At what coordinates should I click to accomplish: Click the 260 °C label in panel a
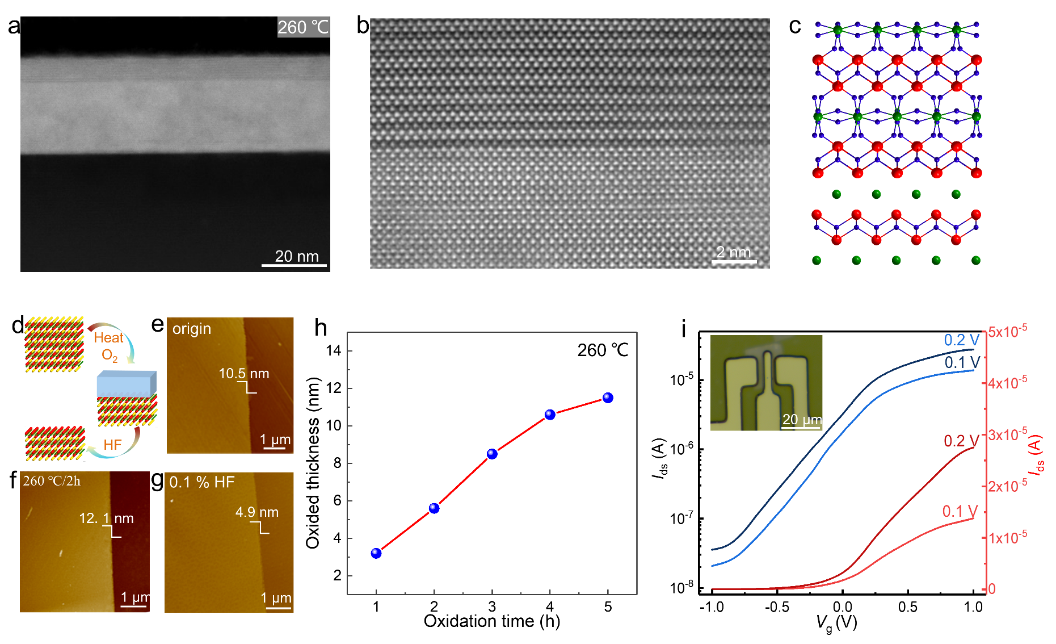(x=303, y=27)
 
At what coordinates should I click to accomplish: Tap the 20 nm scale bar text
(x=297, y=256)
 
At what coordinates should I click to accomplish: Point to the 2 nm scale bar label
(x=733, y=252)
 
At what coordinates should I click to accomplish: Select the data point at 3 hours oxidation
(x=492, y=454)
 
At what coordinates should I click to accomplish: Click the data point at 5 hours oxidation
(x=608, y=398)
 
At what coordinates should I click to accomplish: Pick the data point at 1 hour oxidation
(x=376, y=553)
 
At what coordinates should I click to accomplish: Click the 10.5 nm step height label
(x=244, y=374)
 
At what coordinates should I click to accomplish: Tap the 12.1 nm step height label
(x=106, y=518)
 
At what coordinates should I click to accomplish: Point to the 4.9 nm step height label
(x=257, y=512)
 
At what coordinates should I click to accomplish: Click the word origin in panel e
(x=192, y=329)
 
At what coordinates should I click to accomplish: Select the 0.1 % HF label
(x=202, y=482)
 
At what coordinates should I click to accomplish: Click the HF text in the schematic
(x=112, y=445)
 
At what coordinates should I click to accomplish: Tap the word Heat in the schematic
(x=108, y=338)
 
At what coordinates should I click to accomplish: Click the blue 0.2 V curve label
(x=962, y=340)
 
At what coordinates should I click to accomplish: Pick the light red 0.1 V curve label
(x=960, y=512)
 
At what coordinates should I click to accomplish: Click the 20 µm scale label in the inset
(x=802, y=420)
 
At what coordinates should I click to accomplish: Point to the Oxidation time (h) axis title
(x=492, y=621)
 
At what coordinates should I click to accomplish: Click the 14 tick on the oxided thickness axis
(x=334, y=351)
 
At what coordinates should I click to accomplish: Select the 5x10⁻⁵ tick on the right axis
(x=1008, y=331)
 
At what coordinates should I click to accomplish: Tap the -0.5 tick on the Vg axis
(x=777, y=607)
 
